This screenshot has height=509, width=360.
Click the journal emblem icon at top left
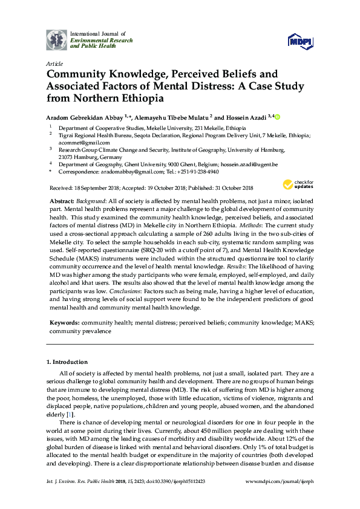click(57, 39)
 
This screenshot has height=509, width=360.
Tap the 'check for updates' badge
click(295, 185)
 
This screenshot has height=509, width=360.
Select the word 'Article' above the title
click(54, 63)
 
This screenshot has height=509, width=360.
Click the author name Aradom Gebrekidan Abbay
click(84, 117)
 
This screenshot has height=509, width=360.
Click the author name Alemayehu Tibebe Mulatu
click(172, 117)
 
